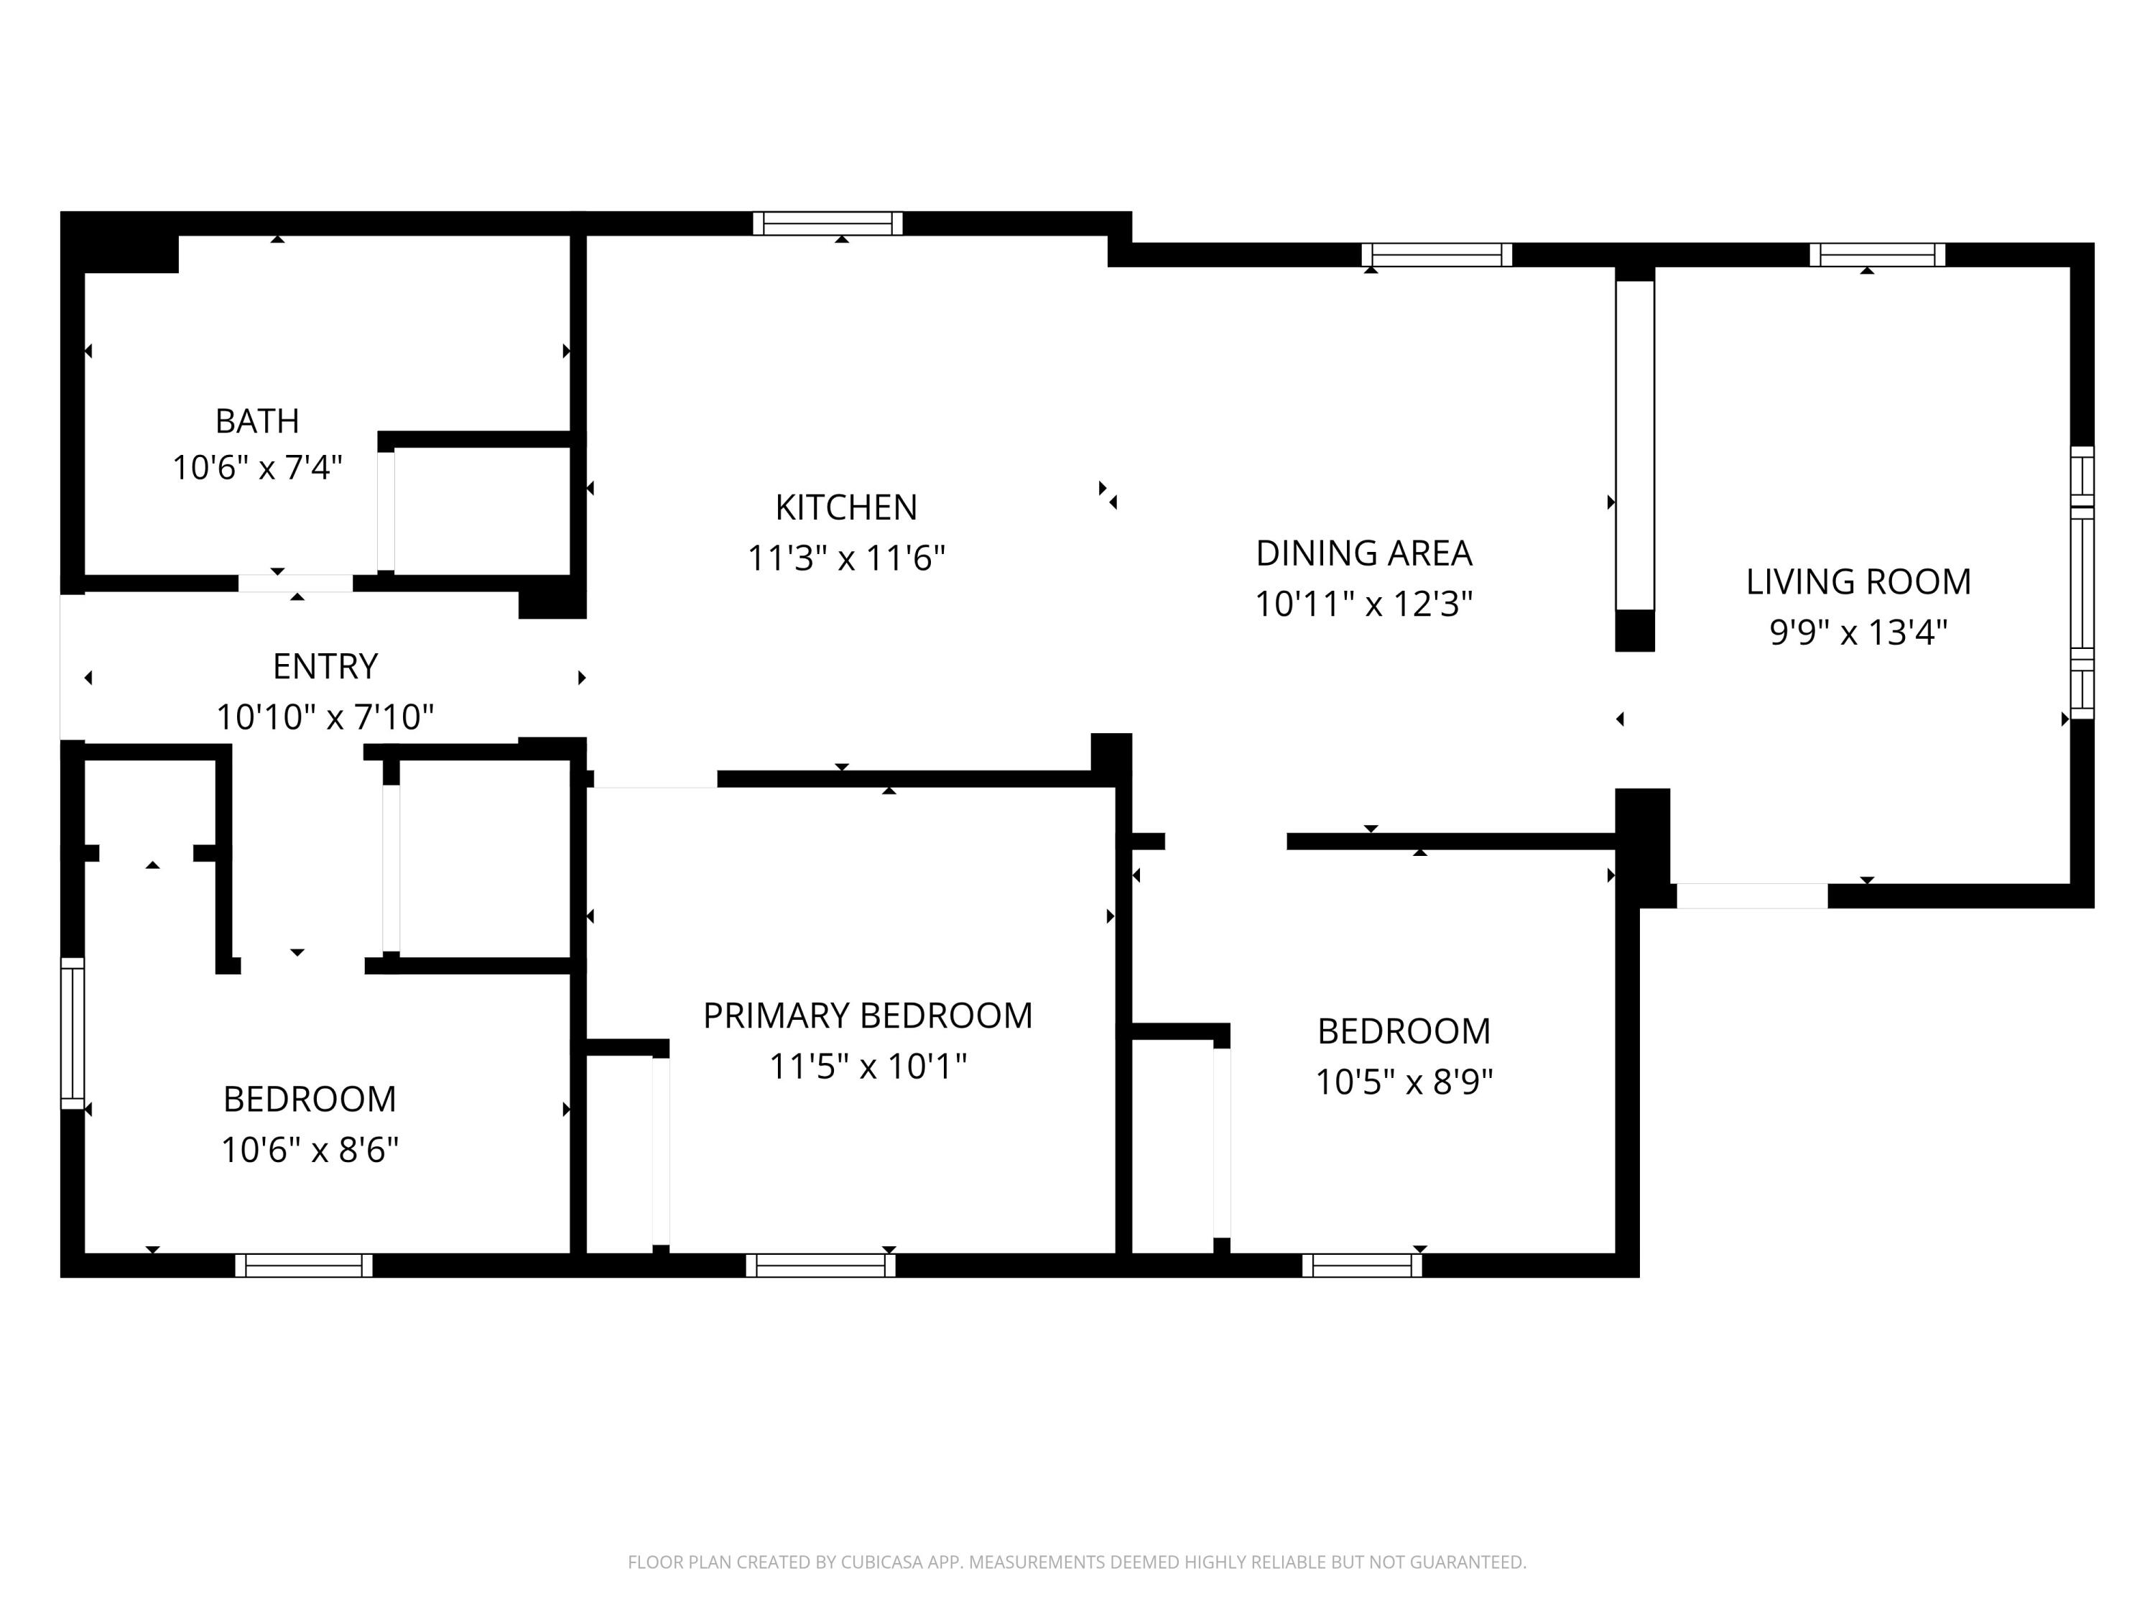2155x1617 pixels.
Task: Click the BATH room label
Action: (257, 421)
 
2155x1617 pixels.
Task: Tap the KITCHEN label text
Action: (845, 507)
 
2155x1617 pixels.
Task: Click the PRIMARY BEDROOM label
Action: (867, 1015)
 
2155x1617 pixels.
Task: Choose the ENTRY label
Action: (325, 665)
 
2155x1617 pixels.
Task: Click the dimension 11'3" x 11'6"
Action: (845, 558)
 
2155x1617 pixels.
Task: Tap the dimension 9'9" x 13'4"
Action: (1858, 632)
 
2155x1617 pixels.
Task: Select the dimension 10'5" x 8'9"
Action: (1404, 1081)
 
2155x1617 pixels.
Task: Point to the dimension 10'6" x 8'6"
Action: (310, 1149)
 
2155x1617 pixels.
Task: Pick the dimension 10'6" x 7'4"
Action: (257, 467)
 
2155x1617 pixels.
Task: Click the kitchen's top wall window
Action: (827, 224)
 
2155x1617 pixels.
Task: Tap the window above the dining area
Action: (1437, 254)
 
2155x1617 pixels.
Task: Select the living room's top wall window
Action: (1877, 254)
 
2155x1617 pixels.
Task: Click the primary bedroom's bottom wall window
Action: (820, 1265)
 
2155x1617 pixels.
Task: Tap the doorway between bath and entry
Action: (295, 583)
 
